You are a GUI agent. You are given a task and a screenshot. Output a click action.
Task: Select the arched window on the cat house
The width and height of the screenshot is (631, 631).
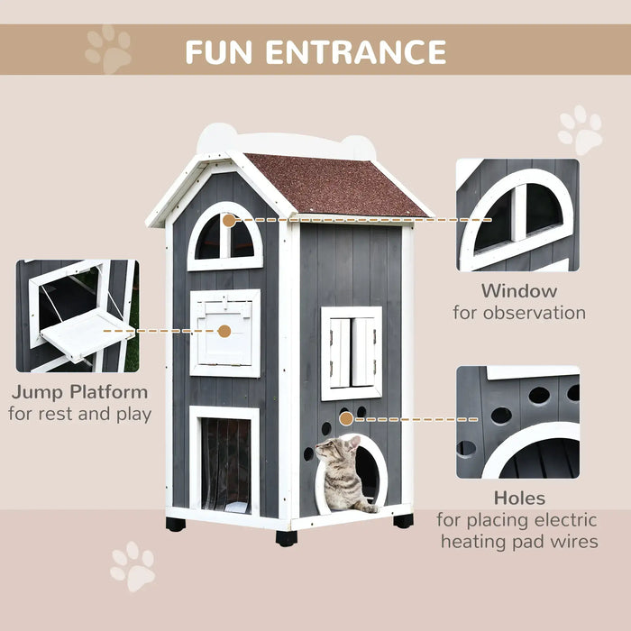pyautogui.click(x=225, y=238)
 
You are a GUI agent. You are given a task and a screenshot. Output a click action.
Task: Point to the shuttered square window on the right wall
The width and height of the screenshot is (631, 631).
pyautogui.click(x=352, y=352)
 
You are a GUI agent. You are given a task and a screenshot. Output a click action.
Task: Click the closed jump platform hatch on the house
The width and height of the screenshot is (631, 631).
pyautogui.click(x=224, y=333)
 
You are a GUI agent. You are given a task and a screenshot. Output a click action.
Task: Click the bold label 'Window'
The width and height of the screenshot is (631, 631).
pyautogui.click(x=518, y=291)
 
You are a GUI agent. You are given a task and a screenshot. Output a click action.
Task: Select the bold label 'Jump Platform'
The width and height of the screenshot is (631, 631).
pyautogui.click(x=80, y=392)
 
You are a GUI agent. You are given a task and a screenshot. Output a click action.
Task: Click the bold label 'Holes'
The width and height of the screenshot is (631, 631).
pyautogui.click(x=518, y=498)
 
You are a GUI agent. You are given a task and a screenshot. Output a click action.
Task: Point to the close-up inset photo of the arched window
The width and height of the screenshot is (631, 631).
pyautogui.click(x=517, y=215)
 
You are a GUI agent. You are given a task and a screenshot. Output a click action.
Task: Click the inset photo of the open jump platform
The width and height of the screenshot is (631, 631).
pyautogui.click(x=77, y=315)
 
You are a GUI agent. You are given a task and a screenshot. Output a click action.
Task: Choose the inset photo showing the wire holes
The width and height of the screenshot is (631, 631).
pyautogui.click(x=517, y=422)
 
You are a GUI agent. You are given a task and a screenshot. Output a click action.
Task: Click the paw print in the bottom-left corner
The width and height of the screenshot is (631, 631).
pyautogui.click(x=132, y=567)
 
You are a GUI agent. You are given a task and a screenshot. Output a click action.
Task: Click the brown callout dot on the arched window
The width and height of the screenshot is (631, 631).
pyautogui.click(x=229, y=220)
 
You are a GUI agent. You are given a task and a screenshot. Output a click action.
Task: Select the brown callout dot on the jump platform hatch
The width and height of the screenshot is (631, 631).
pyautogui.click(x=224, y=331)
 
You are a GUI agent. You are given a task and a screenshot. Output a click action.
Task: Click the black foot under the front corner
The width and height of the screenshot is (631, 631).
pyautogui.click(x=287, y=538)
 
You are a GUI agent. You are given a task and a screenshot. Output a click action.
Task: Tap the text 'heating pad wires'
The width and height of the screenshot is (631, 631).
pyautogui.click(x=518, y=542)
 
